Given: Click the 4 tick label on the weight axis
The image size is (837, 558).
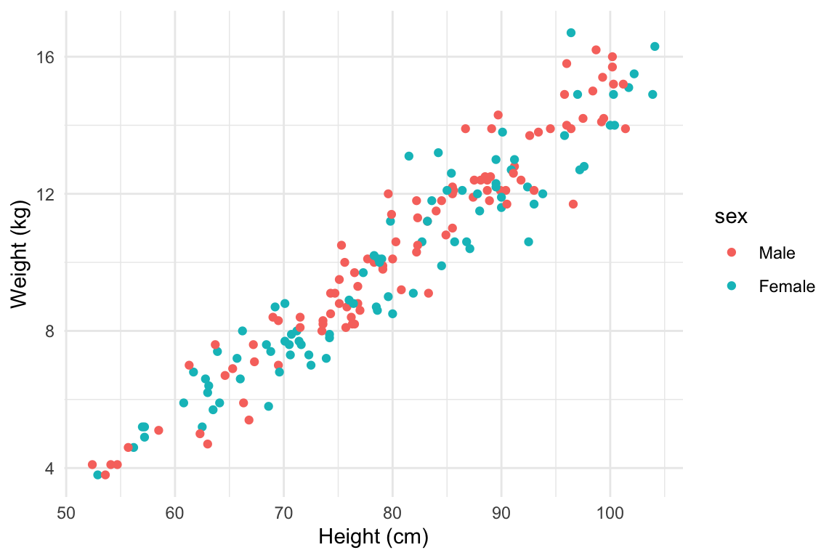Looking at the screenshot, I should click(x=50, y=468).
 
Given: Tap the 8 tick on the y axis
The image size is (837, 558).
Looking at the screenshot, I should click(x=50, y=331).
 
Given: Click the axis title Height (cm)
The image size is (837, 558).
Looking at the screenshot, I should click(x=373, y=538).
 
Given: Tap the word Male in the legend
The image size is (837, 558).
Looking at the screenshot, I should click(x=777, y=253).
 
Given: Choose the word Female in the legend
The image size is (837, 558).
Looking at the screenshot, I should click(x=786, y=287).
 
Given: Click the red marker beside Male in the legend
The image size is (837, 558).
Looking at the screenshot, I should click(x=732, y=253).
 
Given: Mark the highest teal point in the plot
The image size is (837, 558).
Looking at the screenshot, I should click(x=571, y=33).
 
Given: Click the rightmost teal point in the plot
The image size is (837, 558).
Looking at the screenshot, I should click(x=655, y=46).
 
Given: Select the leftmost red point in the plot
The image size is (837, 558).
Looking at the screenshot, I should click(x=92, y=464).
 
